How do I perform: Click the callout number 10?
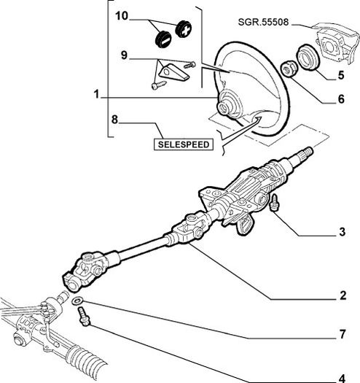pyautogui.click(x=122, y=16)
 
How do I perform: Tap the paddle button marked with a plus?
pyautogui.click(x=184, y=29)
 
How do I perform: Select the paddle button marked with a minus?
pyautogui.click(x=163, y=39)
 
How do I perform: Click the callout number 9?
pyautogui.click(x=124, y=55)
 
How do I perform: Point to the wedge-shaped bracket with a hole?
pyautogui.click(x=173, y=72)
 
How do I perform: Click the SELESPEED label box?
pyautogui.click(x=184, y=144)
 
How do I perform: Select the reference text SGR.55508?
pyautogui.click(x=263, y=22)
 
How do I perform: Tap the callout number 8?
pyautogui.click(x=114, y=120)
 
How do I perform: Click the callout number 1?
pyautogui.click(x=97, y=94)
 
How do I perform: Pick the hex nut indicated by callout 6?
pyautogui.click(x=289, y=69)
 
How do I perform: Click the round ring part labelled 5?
pyautogui.click(x=308, y=57)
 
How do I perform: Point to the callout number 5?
pyautogui.click(x=341, y=75)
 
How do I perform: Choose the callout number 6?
pyautogui.click(x=341, y=99)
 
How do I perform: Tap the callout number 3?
pyautogui.click(x=343, y=232)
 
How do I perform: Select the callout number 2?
pyautogui.click(x=343, y=295)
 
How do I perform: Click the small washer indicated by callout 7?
pyautogui.click(x=77, y=301)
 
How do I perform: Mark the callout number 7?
pyautogui.click(x=343, y=334)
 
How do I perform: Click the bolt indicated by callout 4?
pyautogui.click(x=84, y=317)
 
